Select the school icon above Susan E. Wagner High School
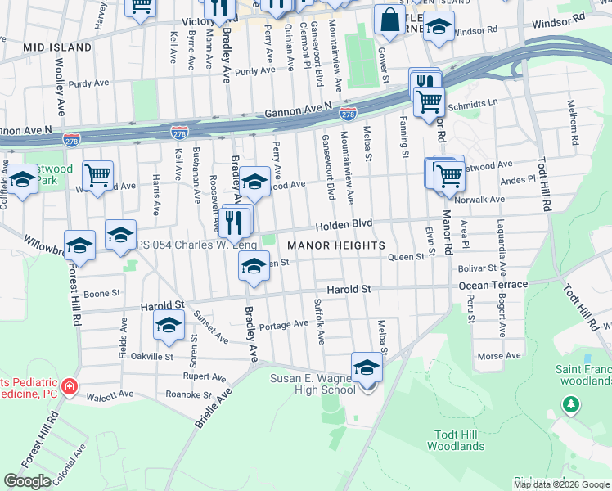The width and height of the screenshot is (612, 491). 367,369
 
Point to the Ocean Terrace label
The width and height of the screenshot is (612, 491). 491,286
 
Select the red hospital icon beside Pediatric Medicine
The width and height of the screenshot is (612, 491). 70,385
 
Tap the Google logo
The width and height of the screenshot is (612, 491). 28,481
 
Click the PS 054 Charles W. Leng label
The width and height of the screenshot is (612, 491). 196,245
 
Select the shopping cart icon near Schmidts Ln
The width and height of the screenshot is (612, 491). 429,102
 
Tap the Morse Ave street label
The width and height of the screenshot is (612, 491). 499,356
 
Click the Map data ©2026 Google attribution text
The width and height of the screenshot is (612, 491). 561,484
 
